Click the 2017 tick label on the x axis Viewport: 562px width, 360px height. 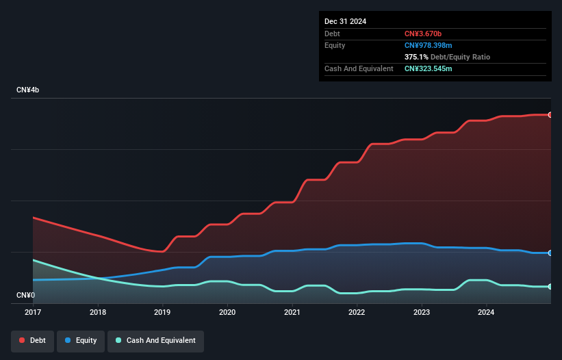(33, 312)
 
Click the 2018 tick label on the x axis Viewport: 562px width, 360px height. (98, 312)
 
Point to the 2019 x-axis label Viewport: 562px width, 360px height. (162, 312)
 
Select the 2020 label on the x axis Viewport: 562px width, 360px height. (227, 312)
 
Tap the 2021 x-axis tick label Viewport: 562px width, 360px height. (292, 312)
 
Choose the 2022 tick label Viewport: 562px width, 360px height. (357, 312)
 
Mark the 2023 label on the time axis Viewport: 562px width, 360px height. (422, 312)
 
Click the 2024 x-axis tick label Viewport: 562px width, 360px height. (487, 312)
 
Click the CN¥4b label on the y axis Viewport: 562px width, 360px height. (28, 90)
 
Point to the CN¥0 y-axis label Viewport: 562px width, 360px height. (25, 295)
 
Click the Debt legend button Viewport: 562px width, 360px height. (32, 341)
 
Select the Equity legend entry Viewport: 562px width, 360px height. (81, 341)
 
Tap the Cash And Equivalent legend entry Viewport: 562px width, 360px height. (156, 341)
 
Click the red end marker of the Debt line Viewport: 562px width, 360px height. (550, 115)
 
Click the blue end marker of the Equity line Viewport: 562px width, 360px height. (550, 253)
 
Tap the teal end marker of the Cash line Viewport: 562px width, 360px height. (550, 287)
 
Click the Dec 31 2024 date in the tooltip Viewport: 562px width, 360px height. (346, 21)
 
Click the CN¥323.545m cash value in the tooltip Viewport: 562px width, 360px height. (429, 68)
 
